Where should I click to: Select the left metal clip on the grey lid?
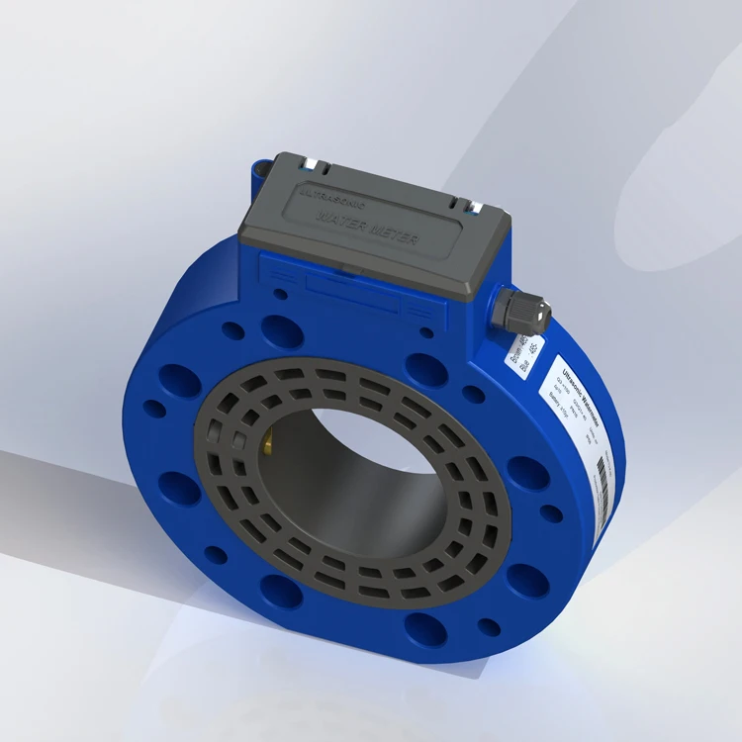tap(311, 162)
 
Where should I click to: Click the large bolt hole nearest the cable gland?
tap(425, 367)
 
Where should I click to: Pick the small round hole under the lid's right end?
tap(425, 332)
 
